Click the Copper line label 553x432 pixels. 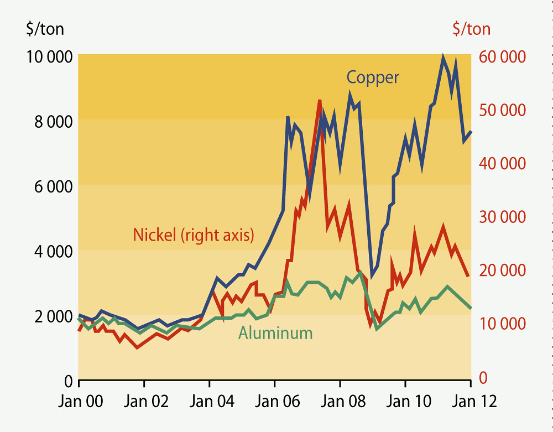(x=373, y=77)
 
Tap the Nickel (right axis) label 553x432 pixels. (x=193, y=235)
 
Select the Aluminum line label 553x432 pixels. (x=275, y=333)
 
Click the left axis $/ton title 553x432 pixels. (x=45, y=29)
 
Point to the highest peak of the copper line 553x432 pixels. (x=443, y=56)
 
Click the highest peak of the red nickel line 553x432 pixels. (x=320, y=101)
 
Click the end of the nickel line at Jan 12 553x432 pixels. (x=468, y=275)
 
